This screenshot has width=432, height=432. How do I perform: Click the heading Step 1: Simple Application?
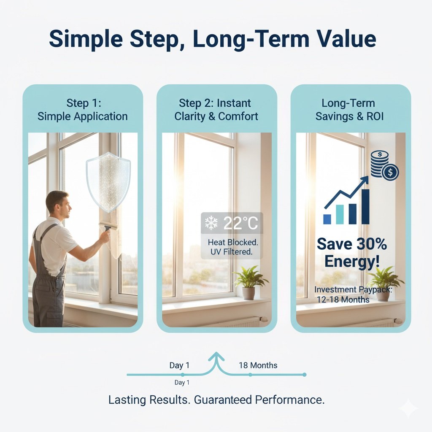(82, 110)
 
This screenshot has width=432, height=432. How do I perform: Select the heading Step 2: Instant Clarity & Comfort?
(216, 110)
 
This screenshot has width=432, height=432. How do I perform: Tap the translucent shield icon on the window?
(108, 181)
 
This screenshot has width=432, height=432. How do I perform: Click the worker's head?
(57, 204)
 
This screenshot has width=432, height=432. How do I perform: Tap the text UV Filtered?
(230, 252)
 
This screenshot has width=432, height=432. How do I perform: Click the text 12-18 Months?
(343, 300)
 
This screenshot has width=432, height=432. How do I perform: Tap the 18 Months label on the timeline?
(258, 365)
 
